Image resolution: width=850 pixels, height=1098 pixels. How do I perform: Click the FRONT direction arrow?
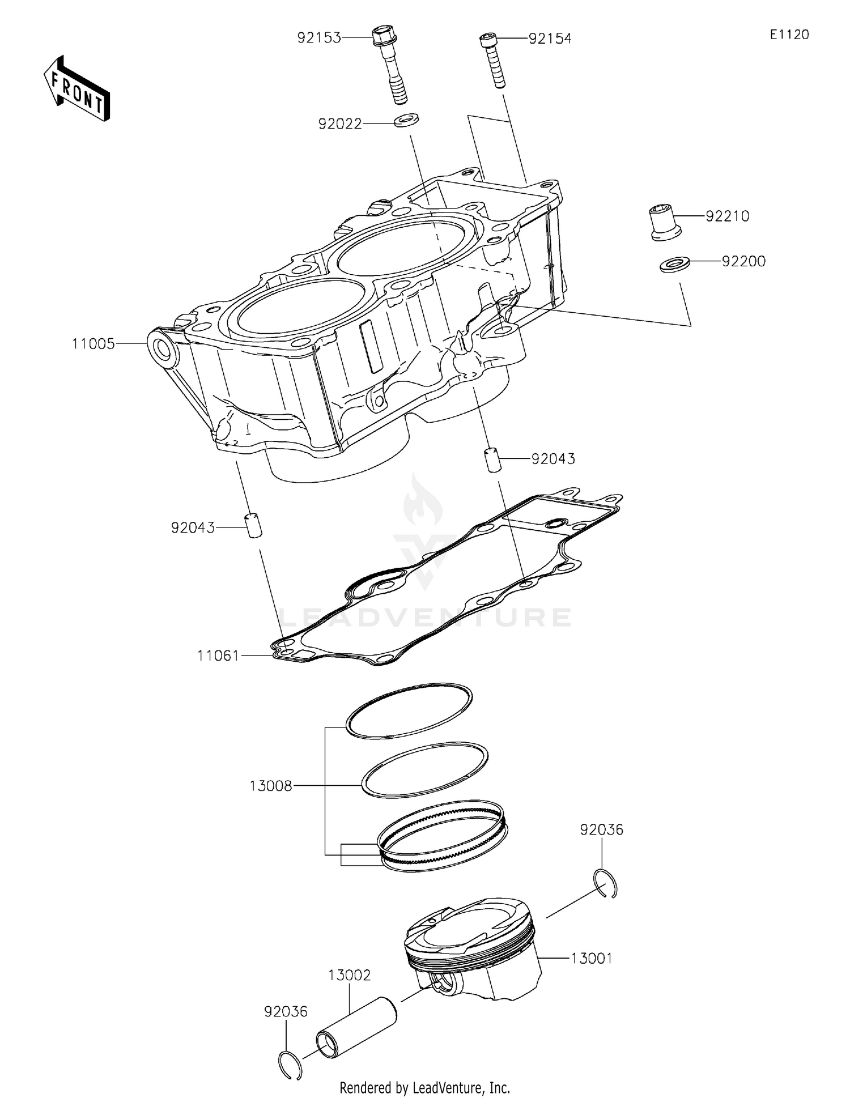(76, 88)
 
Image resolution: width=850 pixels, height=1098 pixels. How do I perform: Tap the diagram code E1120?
(789, 35)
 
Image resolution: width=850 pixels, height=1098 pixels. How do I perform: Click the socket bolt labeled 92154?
(493, 60)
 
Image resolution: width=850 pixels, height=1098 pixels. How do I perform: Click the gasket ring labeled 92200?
(674, 264)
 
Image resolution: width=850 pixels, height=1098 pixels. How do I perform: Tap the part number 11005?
(93, 344)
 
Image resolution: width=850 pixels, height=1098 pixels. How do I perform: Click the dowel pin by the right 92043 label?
(491, 459)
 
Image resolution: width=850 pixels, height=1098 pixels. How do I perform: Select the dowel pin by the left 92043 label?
(253, 525)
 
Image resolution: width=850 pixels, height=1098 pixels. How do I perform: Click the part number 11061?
(219, 656)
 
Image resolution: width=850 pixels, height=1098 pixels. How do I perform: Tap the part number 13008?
(270, 786)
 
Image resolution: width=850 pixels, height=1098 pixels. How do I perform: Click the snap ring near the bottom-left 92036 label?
(291, 1065)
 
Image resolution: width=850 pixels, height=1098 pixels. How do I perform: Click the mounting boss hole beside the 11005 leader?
(164, 350)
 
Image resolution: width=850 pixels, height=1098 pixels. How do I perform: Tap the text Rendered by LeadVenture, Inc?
(424, 1087)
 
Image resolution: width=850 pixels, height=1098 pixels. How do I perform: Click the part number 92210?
(727, 216)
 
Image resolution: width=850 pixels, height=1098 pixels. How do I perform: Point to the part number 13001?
(591, 959)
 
